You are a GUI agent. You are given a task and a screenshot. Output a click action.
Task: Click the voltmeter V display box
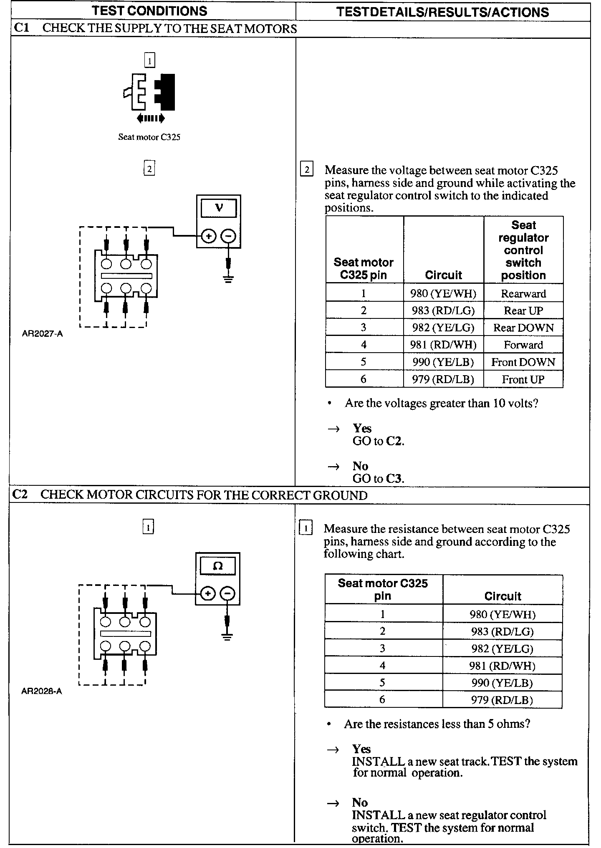pyautogui.click(x=218, y=208)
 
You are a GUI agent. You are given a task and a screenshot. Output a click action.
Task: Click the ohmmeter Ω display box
pyautogui.click(x=217, y=566)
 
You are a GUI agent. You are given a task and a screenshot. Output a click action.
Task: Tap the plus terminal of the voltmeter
pyautogui.click(x=208, y=236)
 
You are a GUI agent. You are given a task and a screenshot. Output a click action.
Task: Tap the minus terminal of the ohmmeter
pyautogui.click(x=227, y=593)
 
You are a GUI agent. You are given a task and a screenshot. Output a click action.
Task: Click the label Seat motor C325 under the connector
pyautogui.click(x=149, y=137)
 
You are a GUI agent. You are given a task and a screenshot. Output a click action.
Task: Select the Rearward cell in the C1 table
pyautogui.click(x=523, y=294)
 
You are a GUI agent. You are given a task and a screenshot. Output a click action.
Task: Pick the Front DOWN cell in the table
pyautogui.click(x=523, y=362)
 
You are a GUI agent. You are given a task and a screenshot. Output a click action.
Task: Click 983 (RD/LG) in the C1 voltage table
pyautogui.click(x=443, y=311)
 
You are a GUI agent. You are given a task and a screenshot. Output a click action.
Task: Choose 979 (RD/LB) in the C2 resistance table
pyautogui.click(x=502, y=700)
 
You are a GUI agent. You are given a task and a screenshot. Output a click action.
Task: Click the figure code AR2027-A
pyautogui.click(x=42, y=334)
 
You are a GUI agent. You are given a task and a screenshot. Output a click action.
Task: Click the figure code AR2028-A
pyautogui.click(x=41, y=691)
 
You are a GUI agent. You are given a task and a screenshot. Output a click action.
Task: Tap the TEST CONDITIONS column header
pyautogui.click(x=149, y=11)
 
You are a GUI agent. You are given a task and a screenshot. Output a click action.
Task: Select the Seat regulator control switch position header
pyautogui.click(x=523, y=250)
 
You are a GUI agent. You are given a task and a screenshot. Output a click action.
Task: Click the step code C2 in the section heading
pyautogui.click(x=20, y=495)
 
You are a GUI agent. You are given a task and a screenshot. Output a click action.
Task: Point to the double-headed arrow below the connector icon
pyautogui.click(x=151, y=119)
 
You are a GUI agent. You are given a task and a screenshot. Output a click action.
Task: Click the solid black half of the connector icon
pyautogui.click(x=166, y=92)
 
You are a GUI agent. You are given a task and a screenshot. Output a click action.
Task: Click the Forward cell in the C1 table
pyautogui.click(x=523, y=345)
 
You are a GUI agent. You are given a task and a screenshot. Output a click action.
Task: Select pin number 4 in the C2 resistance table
pyautogui.click(x=382, y=666)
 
